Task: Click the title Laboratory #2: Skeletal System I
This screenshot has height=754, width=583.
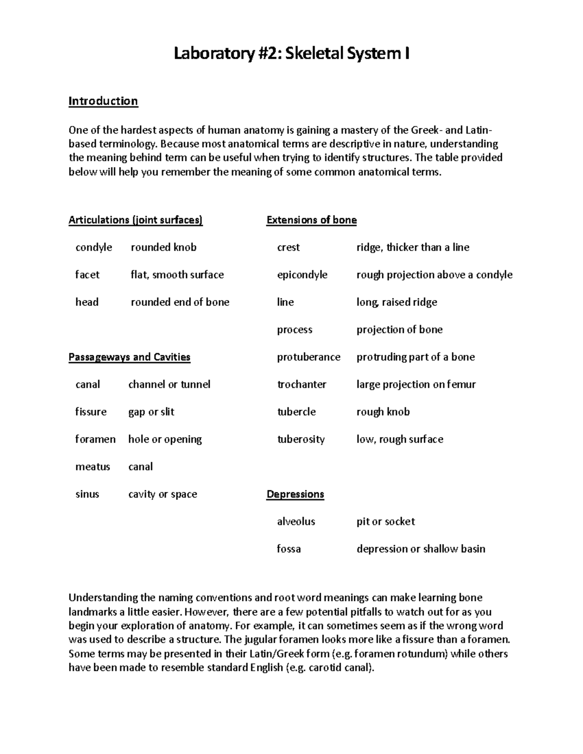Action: [291, 53]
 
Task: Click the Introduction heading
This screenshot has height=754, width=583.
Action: [103, 101]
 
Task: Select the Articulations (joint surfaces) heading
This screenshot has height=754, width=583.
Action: [136, 220]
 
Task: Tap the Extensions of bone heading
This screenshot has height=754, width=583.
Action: [311, 220]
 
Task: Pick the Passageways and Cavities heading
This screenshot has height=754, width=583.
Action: [129, 357]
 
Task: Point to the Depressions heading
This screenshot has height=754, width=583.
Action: [295, 494]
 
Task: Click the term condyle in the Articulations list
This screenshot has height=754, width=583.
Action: [94, 248]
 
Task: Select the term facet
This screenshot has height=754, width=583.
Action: [87, 275]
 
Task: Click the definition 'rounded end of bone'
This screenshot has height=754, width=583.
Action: [180, 302]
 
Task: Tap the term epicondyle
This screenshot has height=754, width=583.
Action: [302, 275]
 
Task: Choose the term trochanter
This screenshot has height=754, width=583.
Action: [301, 385]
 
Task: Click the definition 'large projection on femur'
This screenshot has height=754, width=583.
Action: [416, 385]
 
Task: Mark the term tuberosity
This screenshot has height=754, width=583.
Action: [301, 439]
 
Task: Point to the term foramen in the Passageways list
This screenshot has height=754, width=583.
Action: [95, 439]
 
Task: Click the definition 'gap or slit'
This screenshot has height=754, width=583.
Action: [151, 412]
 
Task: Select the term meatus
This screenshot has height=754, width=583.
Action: [92, 467]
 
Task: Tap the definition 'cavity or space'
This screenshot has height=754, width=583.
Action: [162, 494]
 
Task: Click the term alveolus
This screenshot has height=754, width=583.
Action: [296, 521]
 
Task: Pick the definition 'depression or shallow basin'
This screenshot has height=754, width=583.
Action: [421, 549]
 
